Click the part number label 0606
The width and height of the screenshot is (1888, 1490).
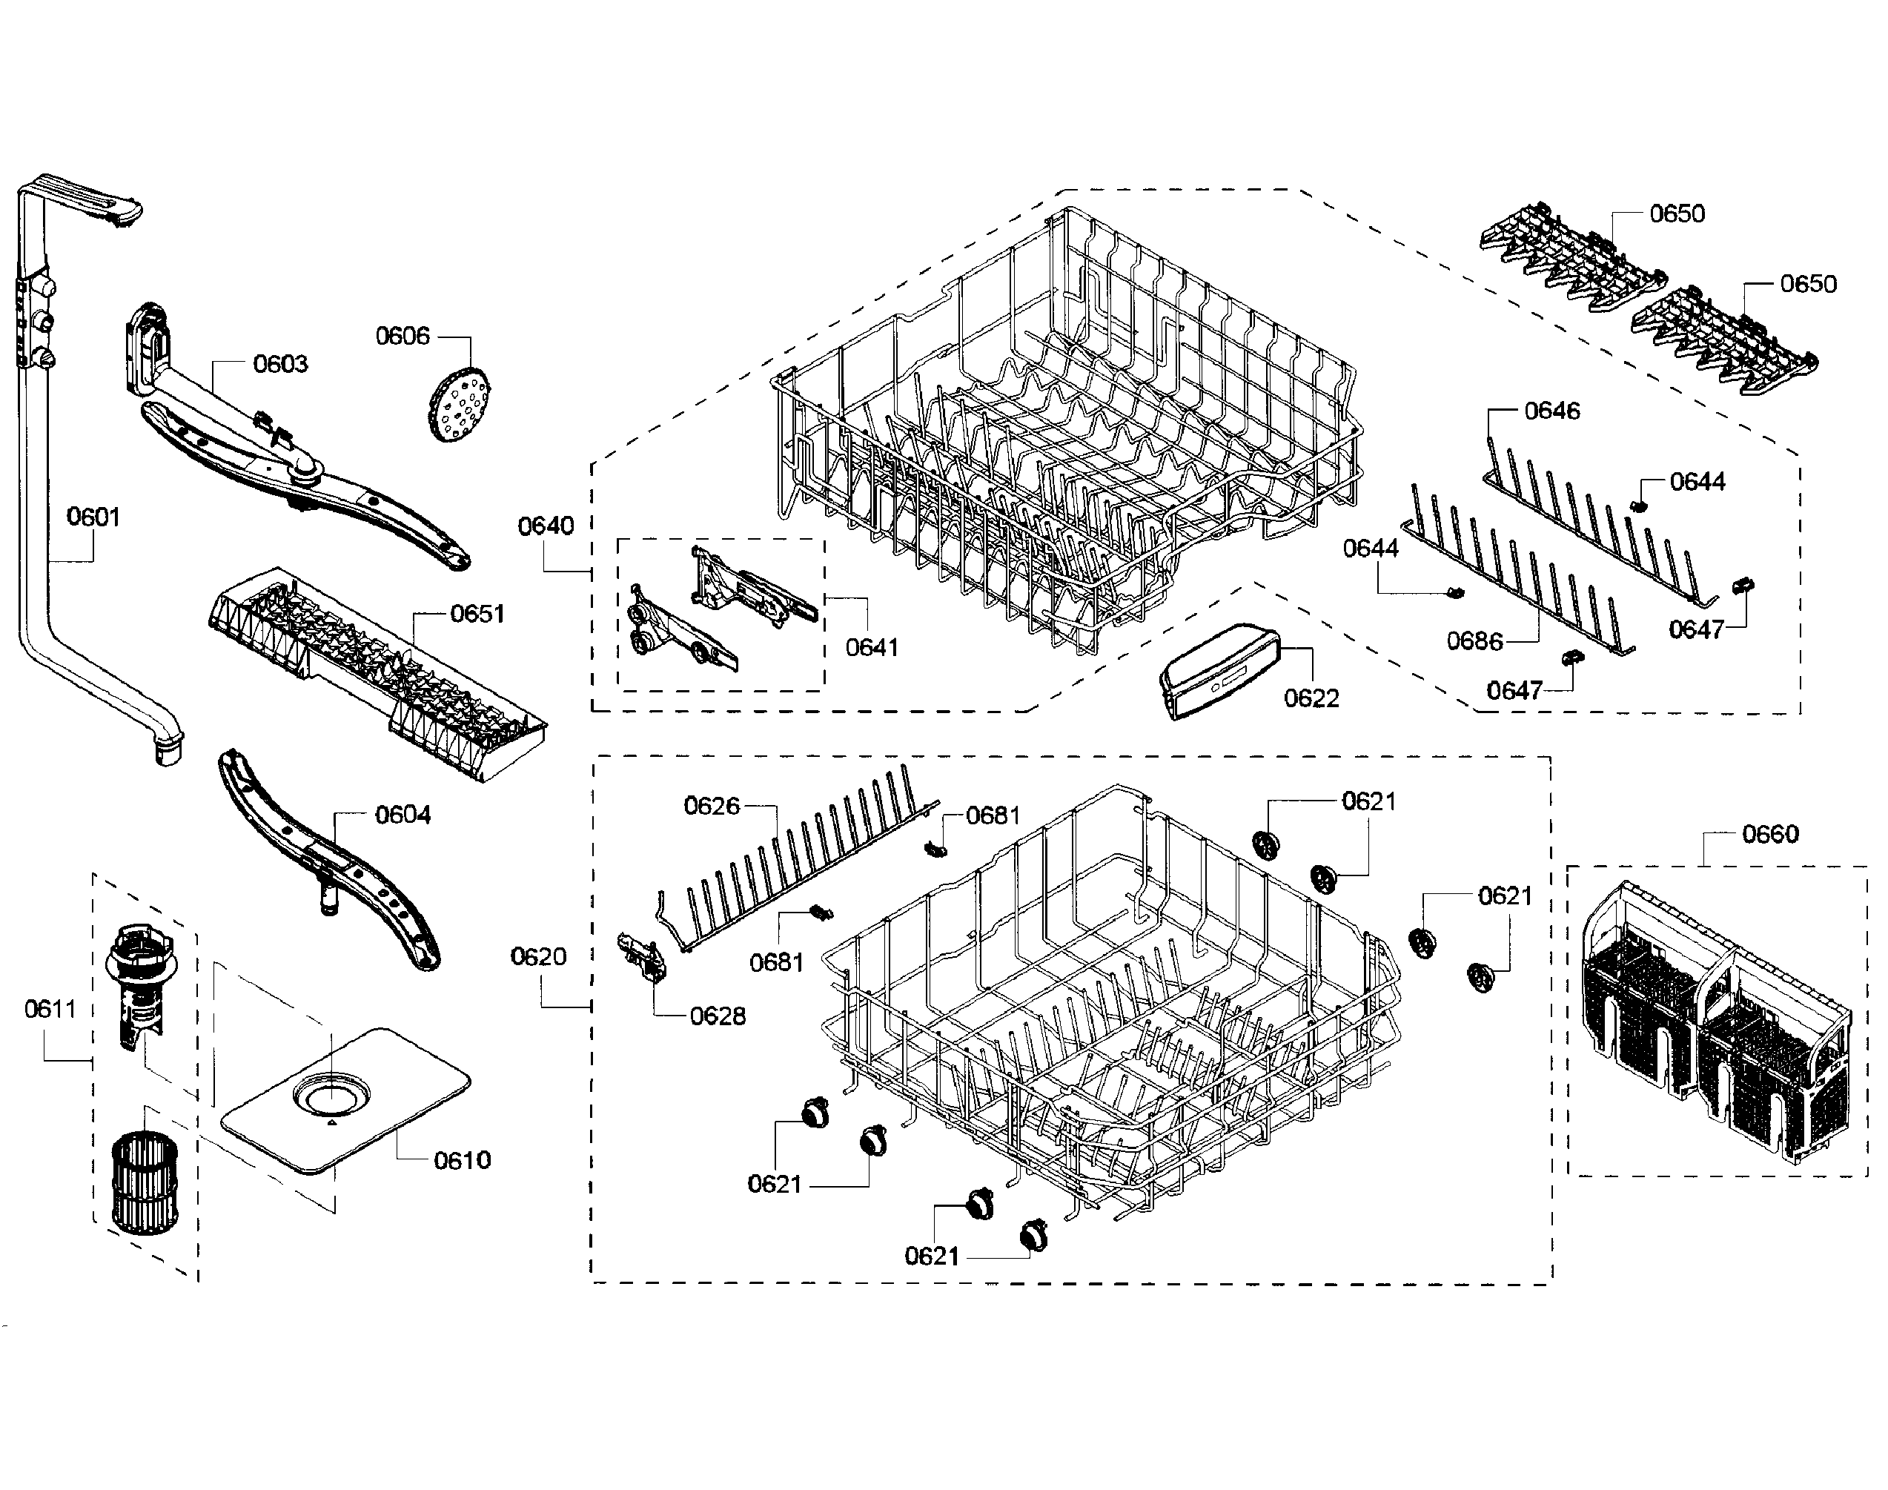click(x=403, y=336)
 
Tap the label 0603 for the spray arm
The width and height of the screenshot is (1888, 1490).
click(x=280, y=364)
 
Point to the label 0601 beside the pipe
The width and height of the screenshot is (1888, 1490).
click(x=93, y=517)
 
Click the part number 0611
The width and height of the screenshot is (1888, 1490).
click(x=50, y=1010)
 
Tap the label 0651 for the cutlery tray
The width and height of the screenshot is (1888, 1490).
click(x=477, y=614)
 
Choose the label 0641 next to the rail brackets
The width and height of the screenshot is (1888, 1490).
click(x=872, y=647)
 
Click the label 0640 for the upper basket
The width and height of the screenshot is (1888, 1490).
click(x=546, y=526)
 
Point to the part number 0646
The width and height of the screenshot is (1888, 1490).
click(x=1552, y=411)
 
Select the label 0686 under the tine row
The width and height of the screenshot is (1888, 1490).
click(x=1474, y=642)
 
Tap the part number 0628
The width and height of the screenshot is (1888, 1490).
click(x=717, y=1016)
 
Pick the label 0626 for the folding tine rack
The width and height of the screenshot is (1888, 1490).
click(x=712, y=806)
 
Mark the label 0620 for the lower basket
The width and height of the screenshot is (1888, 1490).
click(x=538, y=957)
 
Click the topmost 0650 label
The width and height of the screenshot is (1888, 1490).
click(x=1677, y=213)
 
